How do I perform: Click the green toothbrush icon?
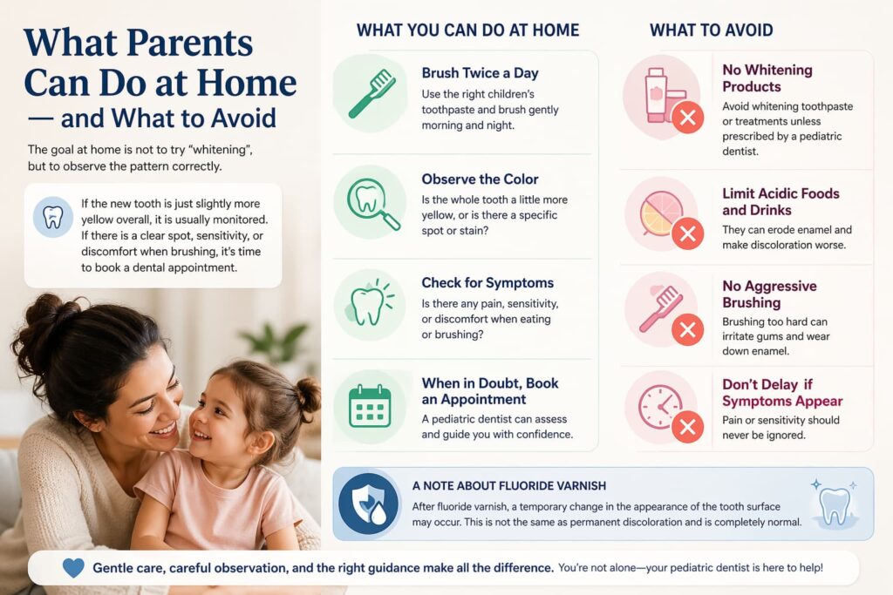tap(372, 93)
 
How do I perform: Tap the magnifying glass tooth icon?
tap(372, 204)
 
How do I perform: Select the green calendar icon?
tap(370, 406)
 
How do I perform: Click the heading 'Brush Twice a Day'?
tap(480, 73)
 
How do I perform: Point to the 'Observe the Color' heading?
tap(480, 179)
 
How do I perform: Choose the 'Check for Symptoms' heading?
tap(487, 283)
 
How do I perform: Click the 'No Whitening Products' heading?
tap(767, 78)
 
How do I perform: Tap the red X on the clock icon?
tap(687, 427)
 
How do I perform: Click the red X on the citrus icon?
tap(687, 233)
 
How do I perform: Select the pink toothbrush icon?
tap(661, 308)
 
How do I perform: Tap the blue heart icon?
tap(73, 567)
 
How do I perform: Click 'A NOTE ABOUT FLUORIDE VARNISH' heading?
tap(509, 486)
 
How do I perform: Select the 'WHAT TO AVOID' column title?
tap(712, 30)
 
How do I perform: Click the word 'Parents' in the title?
tap(189, 43)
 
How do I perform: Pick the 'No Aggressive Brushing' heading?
tap(769, 294)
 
